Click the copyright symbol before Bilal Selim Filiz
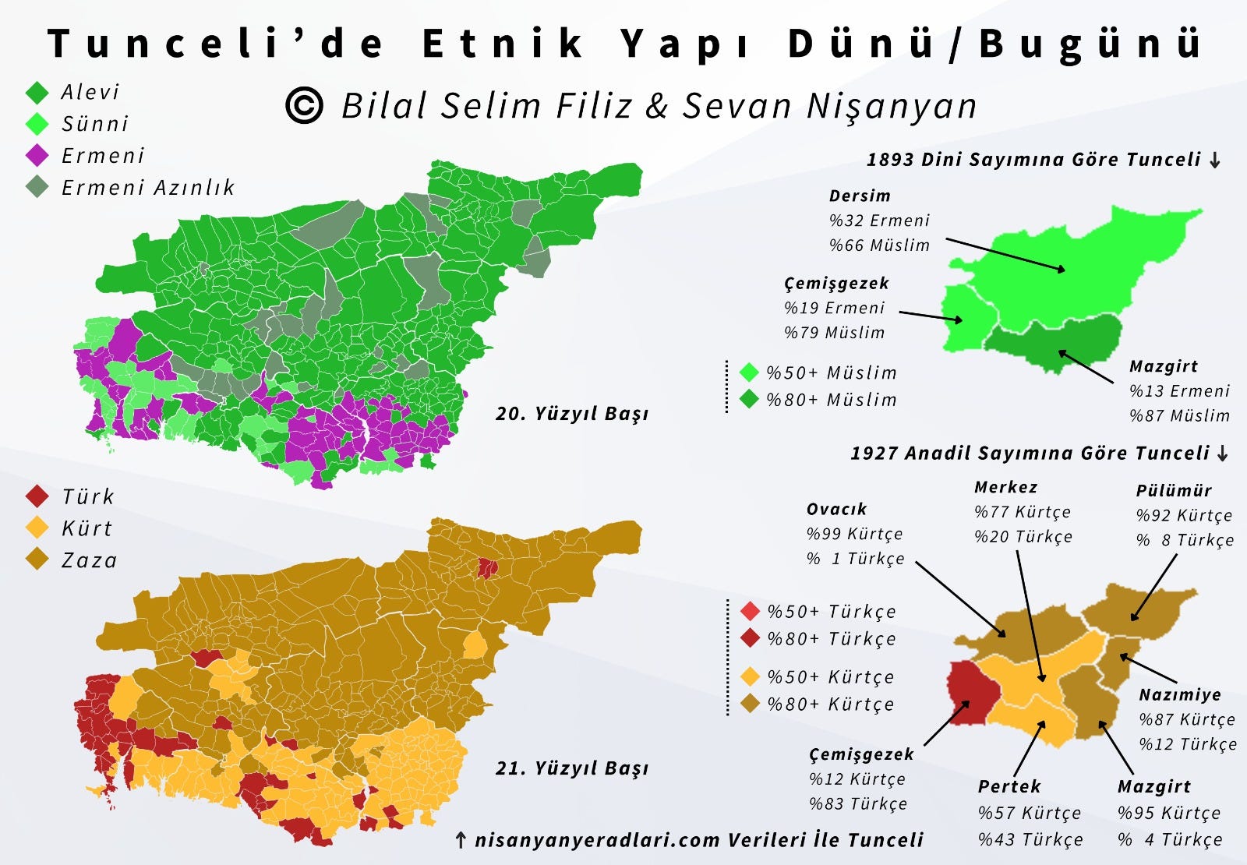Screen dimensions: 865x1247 [304, 105]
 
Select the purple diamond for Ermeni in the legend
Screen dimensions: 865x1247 [37, 155]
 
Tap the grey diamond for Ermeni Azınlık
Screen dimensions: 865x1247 [37, 187]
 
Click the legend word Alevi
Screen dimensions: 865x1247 [90, 92]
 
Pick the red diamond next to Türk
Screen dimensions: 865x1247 [37, 496]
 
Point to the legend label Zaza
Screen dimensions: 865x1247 [90, 560]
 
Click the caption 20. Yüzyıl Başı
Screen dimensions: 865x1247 [571, 413]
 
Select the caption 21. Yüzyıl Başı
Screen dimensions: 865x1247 [571, 768]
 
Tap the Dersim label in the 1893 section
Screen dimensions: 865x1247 [860, 196]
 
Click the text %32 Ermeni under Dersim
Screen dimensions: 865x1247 [879, 221]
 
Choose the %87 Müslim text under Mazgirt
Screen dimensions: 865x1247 [1179, 415]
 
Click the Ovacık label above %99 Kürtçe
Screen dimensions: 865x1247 [836, 509]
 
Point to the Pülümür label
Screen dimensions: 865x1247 [1174, 490]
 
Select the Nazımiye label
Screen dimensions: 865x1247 [1180, 694]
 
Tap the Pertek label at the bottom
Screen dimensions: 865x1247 [1009, 786]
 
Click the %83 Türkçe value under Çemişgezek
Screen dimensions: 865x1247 [858, 803]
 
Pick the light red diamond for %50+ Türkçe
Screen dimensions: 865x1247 [750, 611]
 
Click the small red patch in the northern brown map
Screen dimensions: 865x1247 [488, 567]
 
